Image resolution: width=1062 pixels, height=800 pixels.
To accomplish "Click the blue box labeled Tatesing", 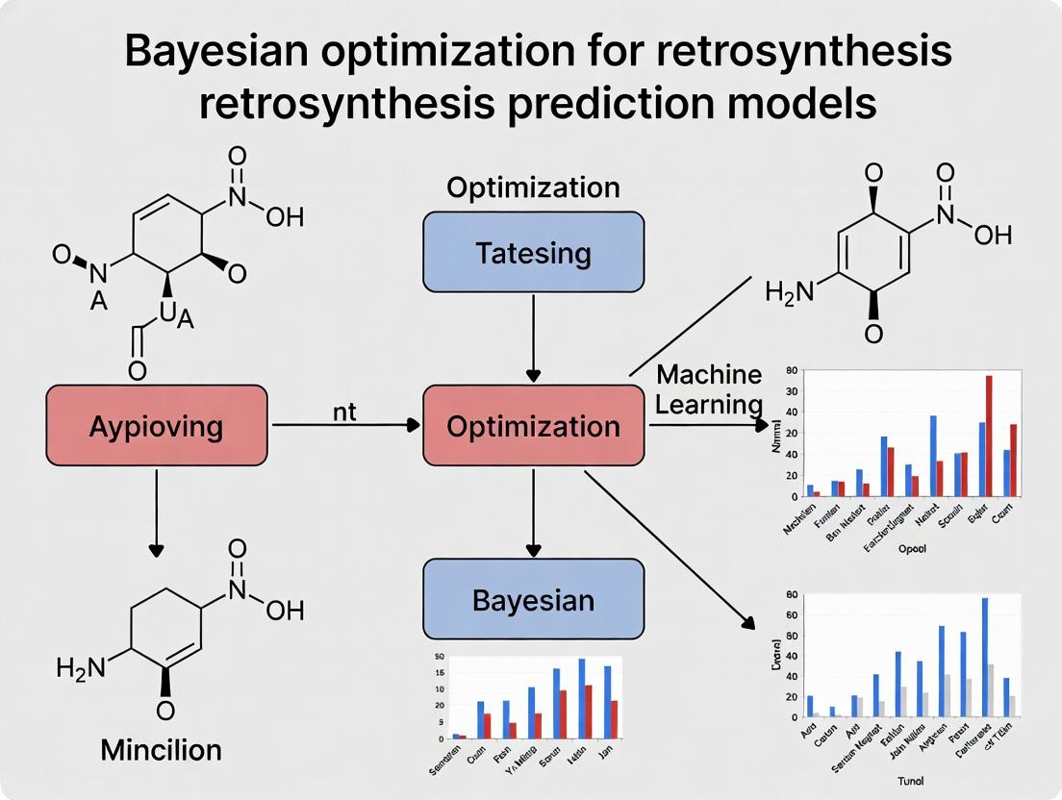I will click(x=533, y=252).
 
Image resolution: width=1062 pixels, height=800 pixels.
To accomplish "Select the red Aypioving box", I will click(x=157, y=425).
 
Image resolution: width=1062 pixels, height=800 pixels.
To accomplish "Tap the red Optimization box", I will click(x=533, y=425).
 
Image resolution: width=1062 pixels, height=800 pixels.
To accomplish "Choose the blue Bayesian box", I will click(x=533, y=600).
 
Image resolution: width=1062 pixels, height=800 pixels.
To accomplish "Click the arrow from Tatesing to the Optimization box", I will click(x=533, y=337).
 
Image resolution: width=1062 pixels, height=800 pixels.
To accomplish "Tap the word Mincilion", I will click(x=161, y=749).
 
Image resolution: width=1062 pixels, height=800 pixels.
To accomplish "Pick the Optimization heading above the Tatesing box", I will click(x=533, y=187).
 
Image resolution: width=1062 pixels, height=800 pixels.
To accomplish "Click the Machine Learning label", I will click(x=709, y=389).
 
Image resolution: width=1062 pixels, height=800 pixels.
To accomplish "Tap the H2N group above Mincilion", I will click(x=81, y=666).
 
